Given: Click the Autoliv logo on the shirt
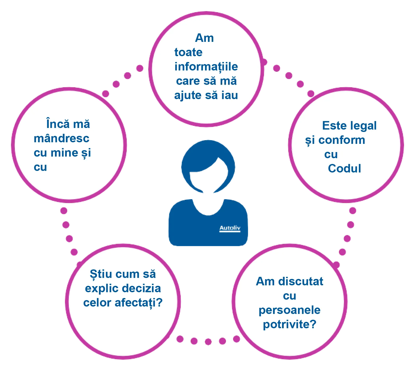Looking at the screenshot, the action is click(230, 228).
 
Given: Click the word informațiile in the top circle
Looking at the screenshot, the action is click(206, 67).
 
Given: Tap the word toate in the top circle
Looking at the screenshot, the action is click(188, 52).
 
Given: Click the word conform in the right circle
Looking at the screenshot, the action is click(342, 140).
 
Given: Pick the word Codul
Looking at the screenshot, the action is click(345, 168).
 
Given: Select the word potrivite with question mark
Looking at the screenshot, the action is click(289, 325).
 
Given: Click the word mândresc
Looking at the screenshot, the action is click(62, 138).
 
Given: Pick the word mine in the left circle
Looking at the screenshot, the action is click(64, 153).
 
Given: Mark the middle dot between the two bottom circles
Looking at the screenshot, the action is click(208, 342).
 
